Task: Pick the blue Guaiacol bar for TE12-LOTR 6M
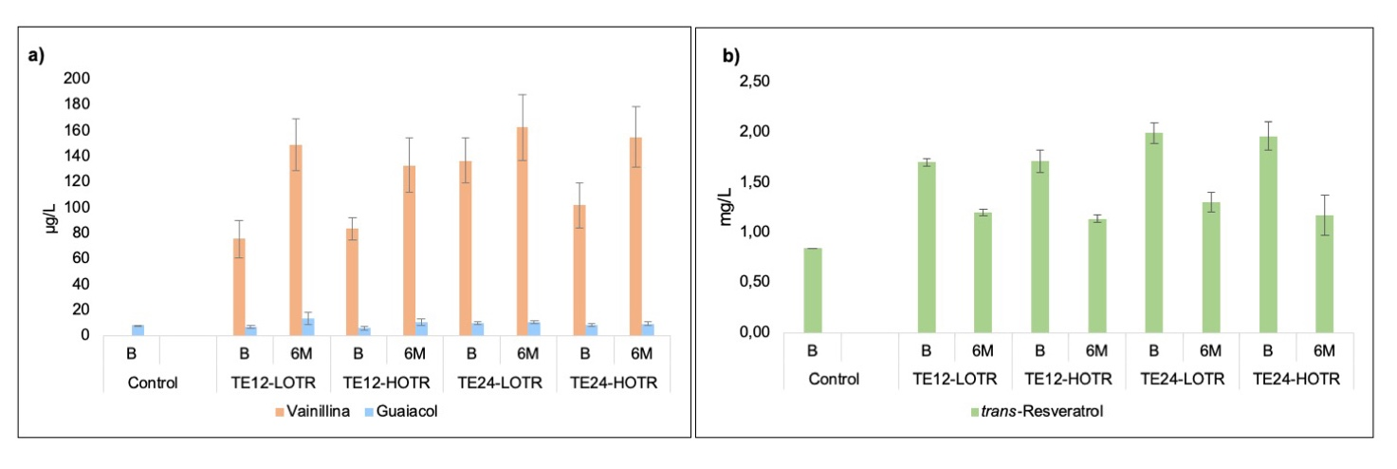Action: pyautogui.click(x=307, y=327)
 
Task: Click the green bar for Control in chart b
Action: pyautogui.click(x=813, y=291)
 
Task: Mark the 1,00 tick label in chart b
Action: pyautogui.click(x=758, y=232)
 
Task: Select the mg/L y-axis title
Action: pyautogui.click(x=726, y=207)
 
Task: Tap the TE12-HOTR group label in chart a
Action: pyautogui.click(x=386, y=384)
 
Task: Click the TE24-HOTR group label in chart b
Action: pyautogui.click(x=1296, y=379)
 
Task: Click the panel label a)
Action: pyautogui.click(x=36, y=55)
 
